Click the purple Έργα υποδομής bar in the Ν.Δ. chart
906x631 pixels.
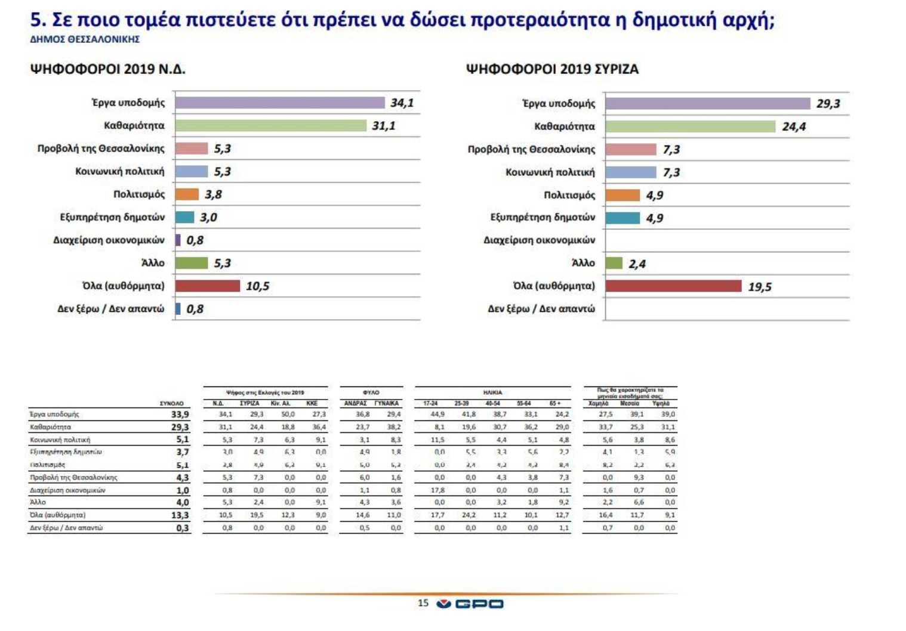pos(279,103)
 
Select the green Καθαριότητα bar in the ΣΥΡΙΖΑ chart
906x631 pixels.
pos(690,126)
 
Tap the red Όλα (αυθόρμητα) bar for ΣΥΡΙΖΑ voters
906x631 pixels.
pos(673,286)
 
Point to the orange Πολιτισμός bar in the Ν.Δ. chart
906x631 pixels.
pos(187,194)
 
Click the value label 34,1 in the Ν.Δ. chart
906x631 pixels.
pos(402,103)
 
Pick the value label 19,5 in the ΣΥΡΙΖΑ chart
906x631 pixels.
pos(759,287)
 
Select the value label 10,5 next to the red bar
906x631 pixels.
pos(257,286)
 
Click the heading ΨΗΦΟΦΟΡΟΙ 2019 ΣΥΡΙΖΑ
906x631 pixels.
pos(552,69)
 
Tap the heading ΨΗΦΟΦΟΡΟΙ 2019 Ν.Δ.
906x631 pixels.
pos(107,69)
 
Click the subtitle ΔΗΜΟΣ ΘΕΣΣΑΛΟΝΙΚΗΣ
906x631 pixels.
pos(85,39)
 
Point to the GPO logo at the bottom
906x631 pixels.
pos(470,604)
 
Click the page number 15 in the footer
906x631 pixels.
pos(423,603)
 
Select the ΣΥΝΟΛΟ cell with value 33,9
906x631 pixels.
pos(180,415)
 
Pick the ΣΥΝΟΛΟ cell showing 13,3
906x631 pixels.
pos(180,515)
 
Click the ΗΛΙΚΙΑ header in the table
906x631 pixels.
pos(492,392)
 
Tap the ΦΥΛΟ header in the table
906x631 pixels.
pos(371,392)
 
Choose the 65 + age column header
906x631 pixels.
pos(555,404)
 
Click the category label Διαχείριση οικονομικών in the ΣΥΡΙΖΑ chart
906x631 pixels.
pos(539,240)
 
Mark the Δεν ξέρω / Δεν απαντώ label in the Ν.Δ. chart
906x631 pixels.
pos(110,309)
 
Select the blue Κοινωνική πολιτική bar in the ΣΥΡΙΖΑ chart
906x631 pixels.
pos(630,172)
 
